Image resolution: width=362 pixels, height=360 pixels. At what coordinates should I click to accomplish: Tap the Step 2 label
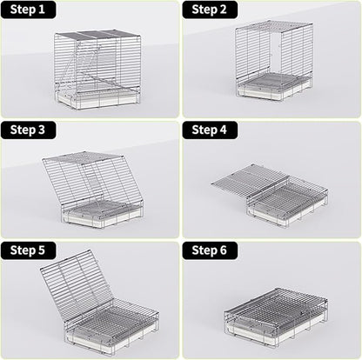[x=210, y=10]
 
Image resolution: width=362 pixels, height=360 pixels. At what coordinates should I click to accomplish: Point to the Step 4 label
[x=210, y=130]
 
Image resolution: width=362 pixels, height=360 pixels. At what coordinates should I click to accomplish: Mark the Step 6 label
[x=210, y=250]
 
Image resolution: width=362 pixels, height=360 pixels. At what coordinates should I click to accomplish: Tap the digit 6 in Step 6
[x=226, y=250]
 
